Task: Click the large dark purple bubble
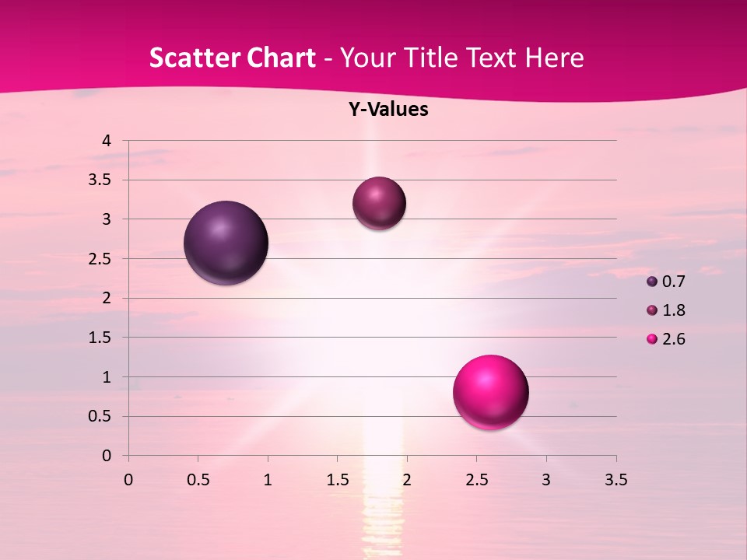click(226, 243)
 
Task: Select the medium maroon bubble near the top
click(379, 203)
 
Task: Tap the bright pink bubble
click(490, 392)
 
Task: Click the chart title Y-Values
click(388, 110)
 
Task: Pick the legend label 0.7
click(673, 282)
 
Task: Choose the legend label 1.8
click(673, 310)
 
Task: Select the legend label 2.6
click(673, 339)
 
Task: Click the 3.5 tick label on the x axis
click(615, 480)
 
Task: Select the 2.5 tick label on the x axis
click(476, 480)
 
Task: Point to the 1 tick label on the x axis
click(268, 480)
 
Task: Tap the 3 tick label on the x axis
click(546, 480)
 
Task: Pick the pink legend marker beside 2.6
click(652, 339)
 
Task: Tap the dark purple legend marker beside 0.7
click(652, 282)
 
